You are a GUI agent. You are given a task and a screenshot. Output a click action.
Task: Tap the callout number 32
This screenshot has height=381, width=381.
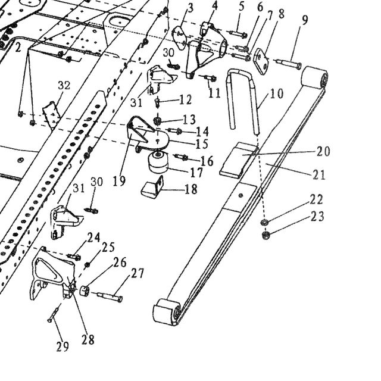click(64, 86)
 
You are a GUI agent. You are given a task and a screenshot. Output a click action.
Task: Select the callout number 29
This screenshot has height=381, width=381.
click(63, 346)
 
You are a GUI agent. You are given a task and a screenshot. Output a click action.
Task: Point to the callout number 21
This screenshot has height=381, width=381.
click(318, 174)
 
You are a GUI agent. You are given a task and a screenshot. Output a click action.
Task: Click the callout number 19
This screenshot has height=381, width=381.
click(119, 181)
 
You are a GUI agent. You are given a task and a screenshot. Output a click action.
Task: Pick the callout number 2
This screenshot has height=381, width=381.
click(18, 48)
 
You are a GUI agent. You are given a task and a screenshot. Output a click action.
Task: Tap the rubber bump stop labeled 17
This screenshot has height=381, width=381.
click(158, 163)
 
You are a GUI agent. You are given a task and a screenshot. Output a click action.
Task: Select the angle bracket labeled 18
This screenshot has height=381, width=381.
click(152, 186)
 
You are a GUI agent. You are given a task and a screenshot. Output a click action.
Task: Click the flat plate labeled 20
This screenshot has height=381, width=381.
click(239, 160)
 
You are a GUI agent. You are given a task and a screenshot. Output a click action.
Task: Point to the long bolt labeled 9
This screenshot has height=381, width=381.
click(289, 64)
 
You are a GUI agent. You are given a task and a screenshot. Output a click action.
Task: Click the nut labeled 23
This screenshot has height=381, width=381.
click(266, 235)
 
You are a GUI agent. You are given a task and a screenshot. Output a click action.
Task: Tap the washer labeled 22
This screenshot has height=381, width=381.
click(264, 221)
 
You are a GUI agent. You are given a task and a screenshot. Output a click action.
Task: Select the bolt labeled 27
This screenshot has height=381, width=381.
click(110, 296)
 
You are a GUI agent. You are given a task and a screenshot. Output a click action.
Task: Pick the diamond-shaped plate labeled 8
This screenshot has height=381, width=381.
click(261, 61)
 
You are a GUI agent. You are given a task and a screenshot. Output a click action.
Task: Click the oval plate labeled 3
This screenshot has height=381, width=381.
click(180, 38)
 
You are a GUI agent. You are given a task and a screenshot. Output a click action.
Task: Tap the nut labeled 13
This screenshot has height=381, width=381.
click(157, 120)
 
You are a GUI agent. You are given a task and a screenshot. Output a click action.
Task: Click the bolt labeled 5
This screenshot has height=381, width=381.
click(238, 34)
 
